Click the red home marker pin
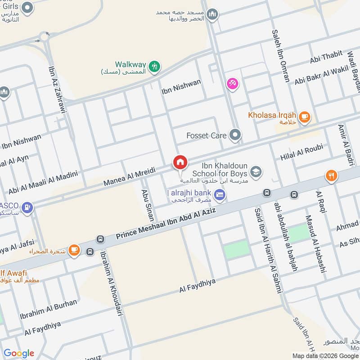[180, 162]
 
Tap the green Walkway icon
[154, 66]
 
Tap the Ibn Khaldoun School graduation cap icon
[256, 171]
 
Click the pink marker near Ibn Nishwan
[233, 84]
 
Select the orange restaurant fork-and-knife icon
[332, 175]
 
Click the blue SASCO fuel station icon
[28, 208]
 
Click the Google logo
[18, 353]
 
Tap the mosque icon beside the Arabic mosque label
[212, 14]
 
